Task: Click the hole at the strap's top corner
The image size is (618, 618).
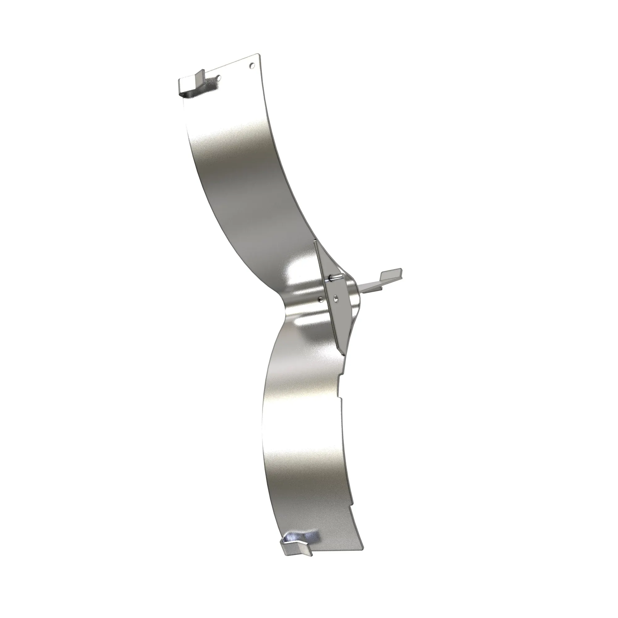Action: click(x=252, y=66)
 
